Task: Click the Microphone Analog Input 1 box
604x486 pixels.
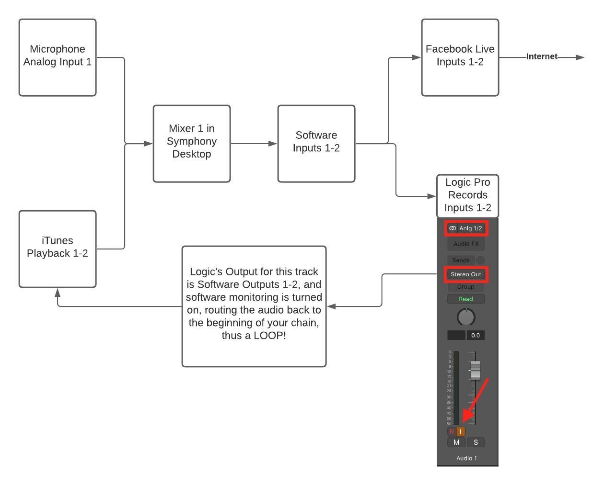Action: tap(58, 57)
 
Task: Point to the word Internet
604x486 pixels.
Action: tap(542, 57)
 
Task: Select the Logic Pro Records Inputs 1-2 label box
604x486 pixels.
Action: tap(467, 196)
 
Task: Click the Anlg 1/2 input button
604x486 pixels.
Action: tap(466, 228)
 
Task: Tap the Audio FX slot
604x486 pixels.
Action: tap(466, 244)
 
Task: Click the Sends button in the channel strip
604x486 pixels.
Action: tap(461, 260)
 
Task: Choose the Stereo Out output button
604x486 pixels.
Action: tap(466, 274)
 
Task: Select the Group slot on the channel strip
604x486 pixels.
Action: tap(466, 287)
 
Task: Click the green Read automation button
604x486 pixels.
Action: tap(466, 299)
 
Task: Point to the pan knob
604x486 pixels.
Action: tap(466, 317)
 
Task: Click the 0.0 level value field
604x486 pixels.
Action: tap(476, 335)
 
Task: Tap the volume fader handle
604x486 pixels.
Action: tap(475, 371)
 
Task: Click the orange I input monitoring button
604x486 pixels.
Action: tap(461, 431)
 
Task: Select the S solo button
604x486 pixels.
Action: tap(476, 442)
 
